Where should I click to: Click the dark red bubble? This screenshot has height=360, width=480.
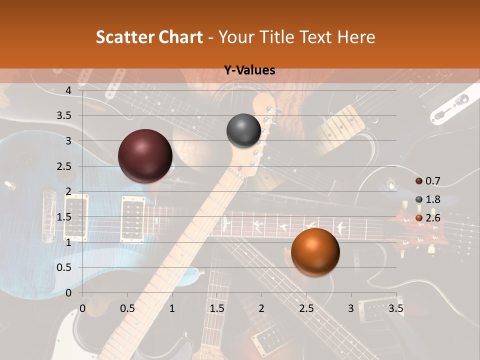(145, 156)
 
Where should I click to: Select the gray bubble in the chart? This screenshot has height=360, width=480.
(243, 130)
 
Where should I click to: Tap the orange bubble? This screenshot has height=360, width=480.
(315, 252)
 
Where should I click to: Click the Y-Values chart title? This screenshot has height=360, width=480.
(249, 70)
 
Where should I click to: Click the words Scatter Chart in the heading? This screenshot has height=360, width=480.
(149, 37)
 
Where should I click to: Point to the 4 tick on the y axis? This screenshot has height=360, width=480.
(68, 90)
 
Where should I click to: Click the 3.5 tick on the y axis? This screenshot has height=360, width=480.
(64, 115)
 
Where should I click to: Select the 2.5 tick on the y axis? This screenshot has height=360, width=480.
(64, 166)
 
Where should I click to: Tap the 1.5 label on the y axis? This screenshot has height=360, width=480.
(64, 217)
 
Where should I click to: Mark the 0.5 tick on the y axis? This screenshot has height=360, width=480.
(64, 267)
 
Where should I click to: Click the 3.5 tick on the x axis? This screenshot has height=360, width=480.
(395, 308)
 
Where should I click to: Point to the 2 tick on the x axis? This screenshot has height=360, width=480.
(261, 308)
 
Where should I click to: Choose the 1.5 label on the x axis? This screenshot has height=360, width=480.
(217, 308)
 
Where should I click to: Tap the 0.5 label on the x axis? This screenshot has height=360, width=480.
(127, 308)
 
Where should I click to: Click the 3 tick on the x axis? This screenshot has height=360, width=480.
(351, 308)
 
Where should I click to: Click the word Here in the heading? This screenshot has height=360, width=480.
(356, 37)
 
